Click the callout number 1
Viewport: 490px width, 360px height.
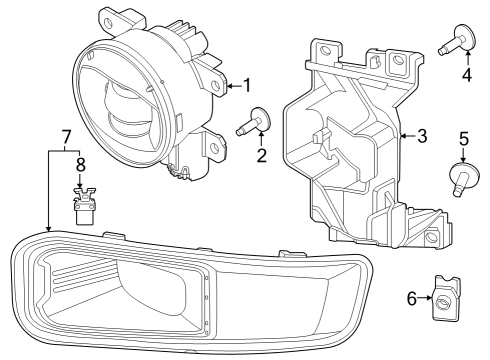[246, 86]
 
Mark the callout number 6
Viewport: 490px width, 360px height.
[411, 297]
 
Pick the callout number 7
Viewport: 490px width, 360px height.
[66, 135]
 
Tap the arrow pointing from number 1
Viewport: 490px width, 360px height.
[232, 86]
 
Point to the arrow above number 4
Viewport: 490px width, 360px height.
[465, 52]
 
